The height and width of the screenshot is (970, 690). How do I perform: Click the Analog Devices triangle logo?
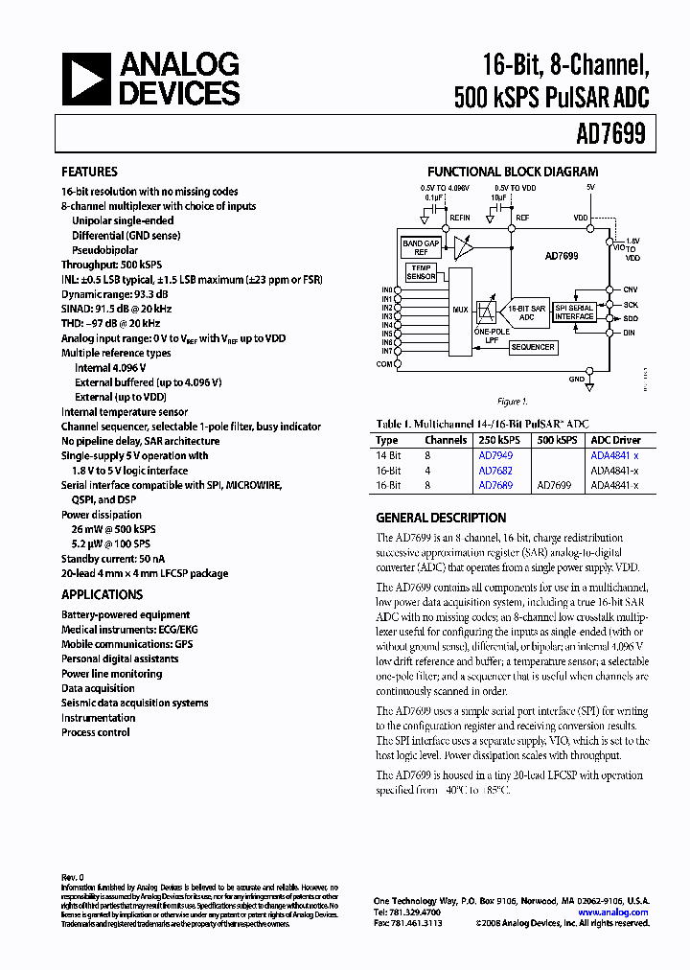pyautogui.click(x=84, y=79)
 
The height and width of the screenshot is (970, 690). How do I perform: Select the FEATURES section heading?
pyautogui.click(x=89, y=172)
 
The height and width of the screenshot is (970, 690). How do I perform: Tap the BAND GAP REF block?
pyautogui.click(x=420, y=247)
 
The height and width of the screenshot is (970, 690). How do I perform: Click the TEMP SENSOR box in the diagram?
pyautogui.click(x=421, y=272)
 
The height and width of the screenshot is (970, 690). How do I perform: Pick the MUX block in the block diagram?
pyautogui.click(x=460, y=310)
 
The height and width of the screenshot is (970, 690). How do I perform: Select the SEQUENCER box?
pyautogui.click(x=532, y=347)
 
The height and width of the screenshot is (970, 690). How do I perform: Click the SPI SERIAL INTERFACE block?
pyautogui.click(x=574, y=312)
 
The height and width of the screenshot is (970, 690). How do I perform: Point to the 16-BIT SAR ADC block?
pyautogui.click(x=526, y=312)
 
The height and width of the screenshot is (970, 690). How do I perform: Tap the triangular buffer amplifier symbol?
pyautogui.click(x=464, y=247)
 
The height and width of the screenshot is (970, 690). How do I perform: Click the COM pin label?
pyautogui.click(x=385, y=364)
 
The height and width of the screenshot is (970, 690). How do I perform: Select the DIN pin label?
pyautogui.click(x=630, y=332)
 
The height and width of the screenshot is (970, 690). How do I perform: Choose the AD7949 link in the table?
pyautogui.click(x=495, y=455)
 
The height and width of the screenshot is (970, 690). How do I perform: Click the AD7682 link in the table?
pyautogui.click(x=495, y=471)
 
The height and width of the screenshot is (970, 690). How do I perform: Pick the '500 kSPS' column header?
pyautogui.click(x=557, y=440)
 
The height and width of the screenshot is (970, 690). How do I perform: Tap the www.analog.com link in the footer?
pyautogui.click(x=613, y=912)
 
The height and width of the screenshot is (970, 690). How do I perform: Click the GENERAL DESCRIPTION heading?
pyautogui.click(x=441, y=518)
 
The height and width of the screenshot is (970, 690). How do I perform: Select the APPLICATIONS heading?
pyautogui.click(x=102, y=594)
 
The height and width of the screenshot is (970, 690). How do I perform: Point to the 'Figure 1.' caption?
pyautogui.click(x=513, y=402)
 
